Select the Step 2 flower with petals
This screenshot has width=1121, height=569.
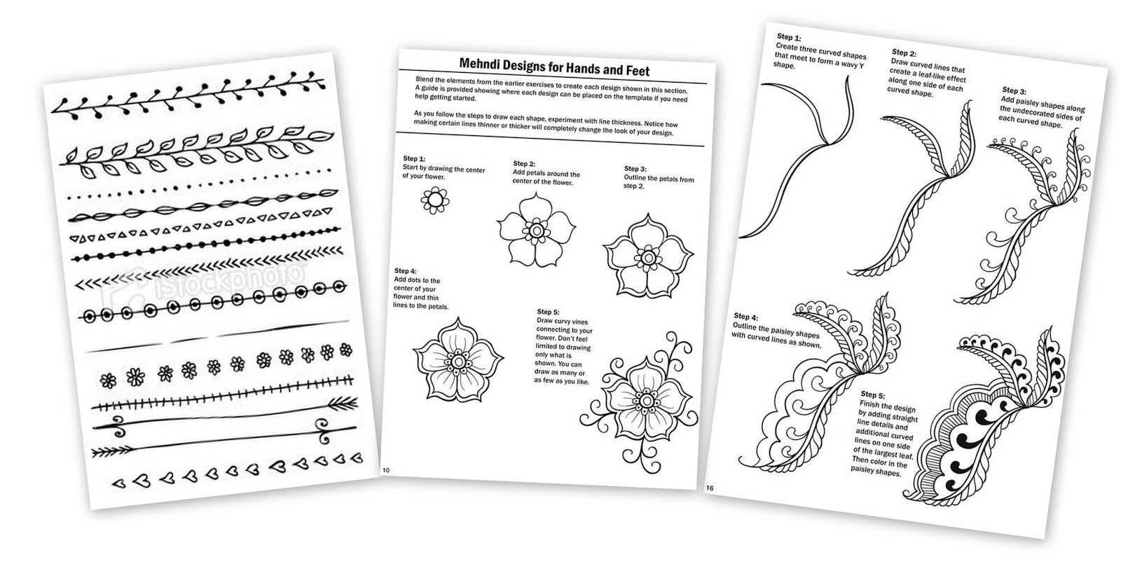(536, 229)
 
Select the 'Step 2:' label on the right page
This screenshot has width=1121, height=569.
(904, 53)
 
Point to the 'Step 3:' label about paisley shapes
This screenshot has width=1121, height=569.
(1014, 90)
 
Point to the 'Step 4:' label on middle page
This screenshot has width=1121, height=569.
(405, 270)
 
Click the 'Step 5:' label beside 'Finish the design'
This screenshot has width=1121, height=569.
(874, 394)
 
